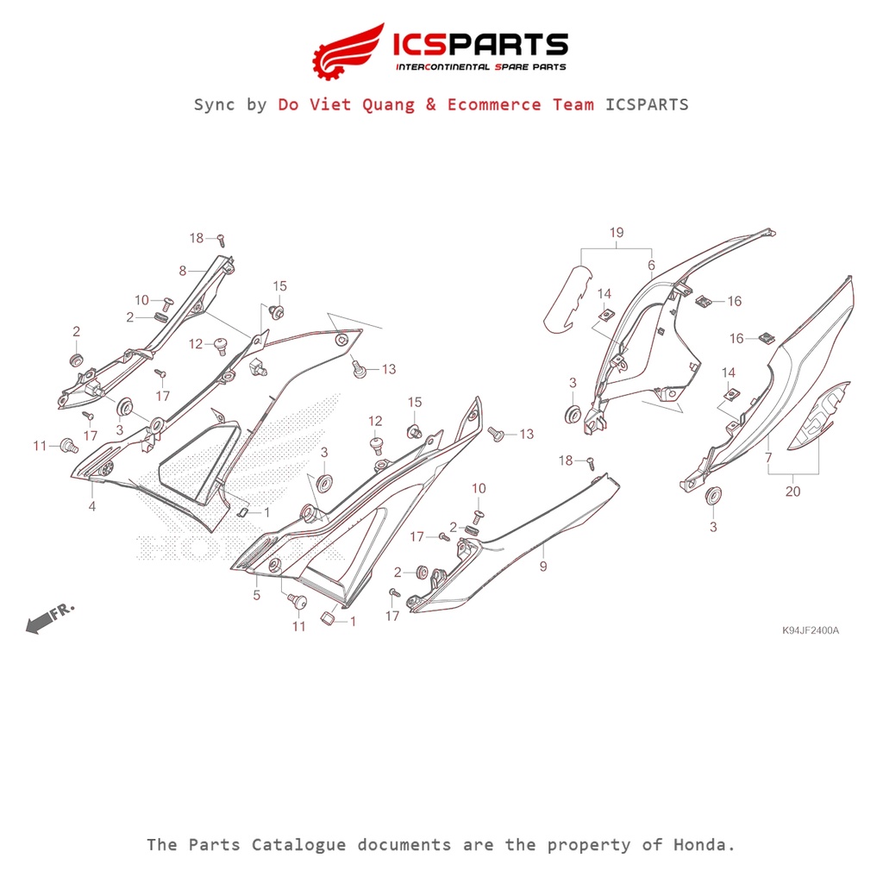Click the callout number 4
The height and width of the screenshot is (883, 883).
(x=91, y=506)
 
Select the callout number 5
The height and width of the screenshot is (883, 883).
(x=256, y=594)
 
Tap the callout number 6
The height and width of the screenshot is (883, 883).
(x=651, y=265)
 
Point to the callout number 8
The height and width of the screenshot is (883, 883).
(x=183, y=271)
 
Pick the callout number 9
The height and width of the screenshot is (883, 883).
(x=542, y=566)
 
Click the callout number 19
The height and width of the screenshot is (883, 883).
(x=616, y=233)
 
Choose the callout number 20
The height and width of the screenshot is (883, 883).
(x=792, y=492)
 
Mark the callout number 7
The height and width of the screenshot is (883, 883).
(x=768, y=457)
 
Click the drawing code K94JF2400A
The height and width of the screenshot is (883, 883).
(x=810, y=630)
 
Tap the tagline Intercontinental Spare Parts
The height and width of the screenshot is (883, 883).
(x=480, y=67)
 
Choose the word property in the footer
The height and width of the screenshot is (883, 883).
(x=595, y=844)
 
